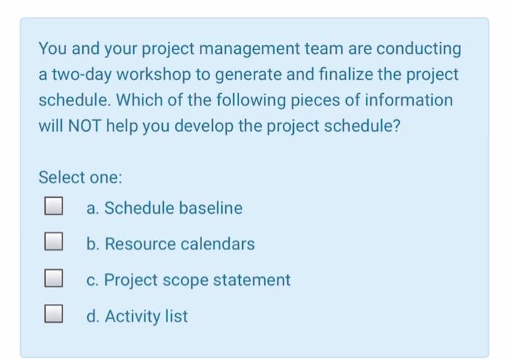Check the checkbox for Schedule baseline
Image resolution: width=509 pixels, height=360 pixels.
[52, 208]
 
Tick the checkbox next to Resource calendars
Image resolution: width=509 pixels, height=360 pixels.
[52, 244]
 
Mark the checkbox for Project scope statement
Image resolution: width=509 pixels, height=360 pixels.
[52, 279]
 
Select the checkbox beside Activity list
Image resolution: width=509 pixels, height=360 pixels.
[52, 316]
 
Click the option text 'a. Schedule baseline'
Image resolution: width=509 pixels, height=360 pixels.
[164, 208]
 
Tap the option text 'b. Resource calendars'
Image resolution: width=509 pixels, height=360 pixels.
[170, 244]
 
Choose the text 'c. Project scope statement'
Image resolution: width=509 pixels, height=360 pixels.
[188, 280]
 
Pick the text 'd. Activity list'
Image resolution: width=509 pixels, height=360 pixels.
[137, 316]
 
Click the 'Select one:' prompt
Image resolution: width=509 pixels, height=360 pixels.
[80, 177]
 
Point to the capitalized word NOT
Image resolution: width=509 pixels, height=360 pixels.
[84, 124]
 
